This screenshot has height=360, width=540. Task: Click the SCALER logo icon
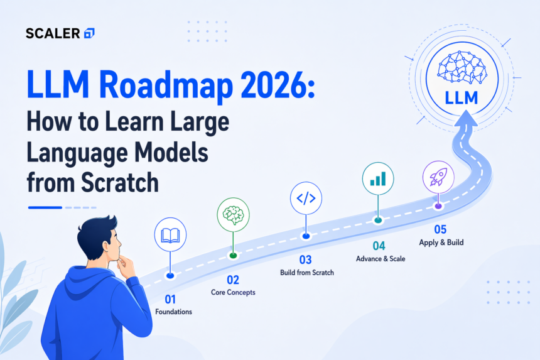pyautogui.click(x=89, y=33)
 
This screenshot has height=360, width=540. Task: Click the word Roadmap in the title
pyautogui.click(x=166, y=85)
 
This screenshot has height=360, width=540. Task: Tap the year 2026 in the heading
pyautogui.click(x=275, y=85)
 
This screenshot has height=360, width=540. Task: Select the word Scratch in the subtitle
pyautogui.click(x=120, y=182)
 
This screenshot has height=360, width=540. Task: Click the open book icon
pyautogui.click(x=170, y=236)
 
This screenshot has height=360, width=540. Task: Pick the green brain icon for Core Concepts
pyautogui.click(x=233, y=214)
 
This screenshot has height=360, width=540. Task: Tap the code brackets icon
pyautogui.click(x=306, y=199)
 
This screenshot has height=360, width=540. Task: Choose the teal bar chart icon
pyautogui.click(x=378, y=179)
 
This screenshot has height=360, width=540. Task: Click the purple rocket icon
pyautogui.click(x=438, y=177)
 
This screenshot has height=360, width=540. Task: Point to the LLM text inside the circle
pyautogui.click(x=462, y=98)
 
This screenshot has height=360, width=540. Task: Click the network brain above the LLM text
pyautogui.click(x=462, y=67)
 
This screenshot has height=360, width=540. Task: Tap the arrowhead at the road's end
pyautogui.click(x=465, y=118)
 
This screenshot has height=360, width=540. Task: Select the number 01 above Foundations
pyautogui.click(x=170, y=299)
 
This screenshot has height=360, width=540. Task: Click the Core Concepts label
pyautogui.click(x=233, y=292)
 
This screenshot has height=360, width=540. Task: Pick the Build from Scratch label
pyautogui.click(x=307, y=273)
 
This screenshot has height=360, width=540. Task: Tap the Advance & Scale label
pyautogui.click(x=381, y=259)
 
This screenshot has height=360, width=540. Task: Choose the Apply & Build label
pyautogui.click(x=441, y=243)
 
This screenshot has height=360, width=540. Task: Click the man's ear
pyautogui.click(x=106, y=246)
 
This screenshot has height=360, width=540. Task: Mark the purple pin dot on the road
pyautogui.click(x=438, y=206)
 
